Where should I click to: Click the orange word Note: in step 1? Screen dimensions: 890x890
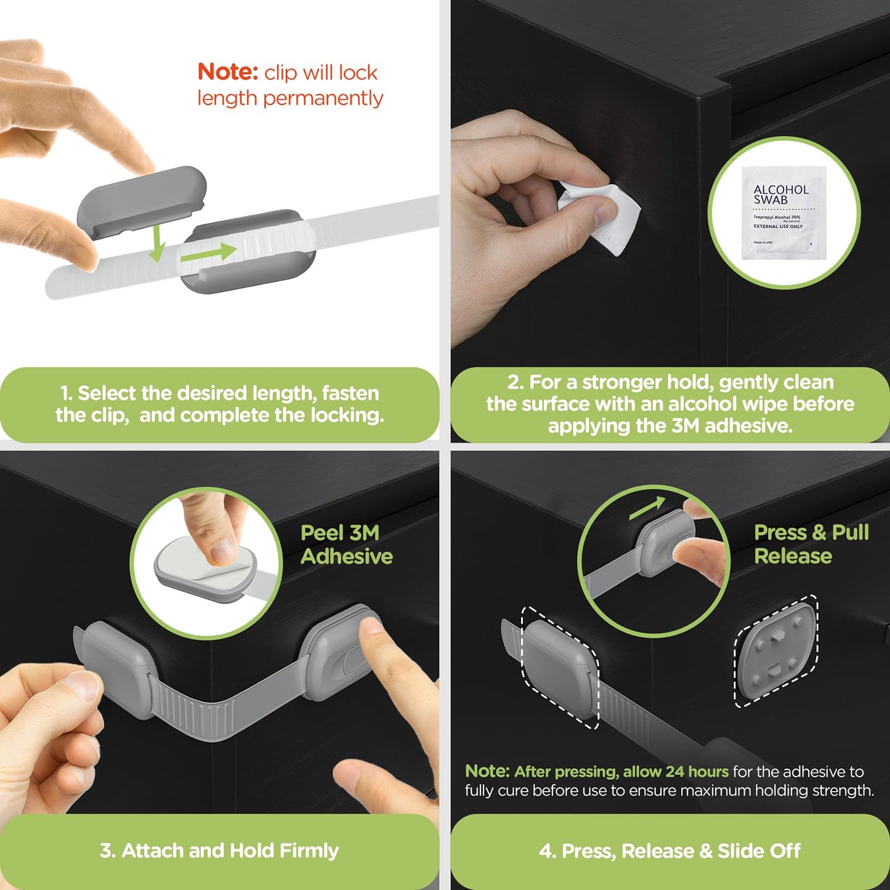coord(227,72)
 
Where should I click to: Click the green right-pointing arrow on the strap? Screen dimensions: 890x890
coord(209,252)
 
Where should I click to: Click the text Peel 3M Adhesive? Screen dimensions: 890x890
coord(346,544)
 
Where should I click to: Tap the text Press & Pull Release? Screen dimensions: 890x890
coord(811,544)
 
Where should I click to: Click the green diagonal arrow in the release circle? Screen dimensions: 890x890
coord(647,508)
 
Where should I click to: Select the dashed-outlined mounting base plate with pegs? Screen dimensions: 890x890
coord(775,651)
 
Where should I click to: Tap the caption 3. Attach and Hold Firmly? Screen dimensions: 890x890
coord(219,851)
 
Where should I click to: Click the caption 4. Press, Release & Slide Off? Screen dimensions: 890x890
coord(670,851)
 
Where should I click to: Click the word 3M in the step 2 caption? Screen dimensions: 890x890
coord(685,426)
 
